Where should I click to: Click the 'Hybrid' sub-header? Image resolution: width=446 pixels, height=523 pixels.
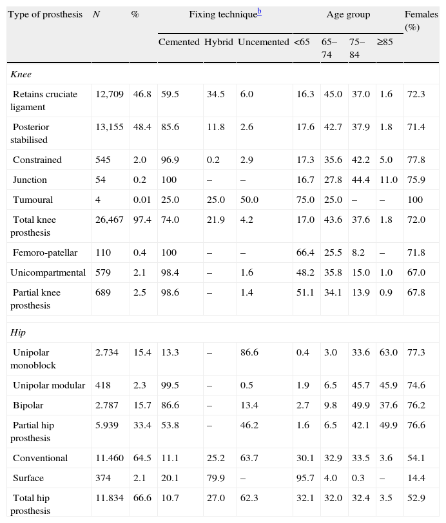click(x=218, y=42)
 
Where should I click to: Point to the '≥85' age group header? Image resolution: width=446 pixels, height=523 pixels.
click(x=385, y=42)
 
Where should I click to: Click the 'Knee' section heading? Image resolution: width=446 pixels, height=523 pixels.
click(x=21, y=74)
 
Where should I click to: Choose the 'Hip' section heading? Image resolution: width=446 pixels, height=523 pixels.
click(x=19, y=332)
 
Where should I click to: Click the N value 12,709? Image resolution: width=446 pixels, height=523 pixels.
click(x=109, y=94)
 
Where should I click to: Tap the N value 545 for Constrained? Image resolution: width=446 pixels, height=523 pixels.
click(x=103, y=160)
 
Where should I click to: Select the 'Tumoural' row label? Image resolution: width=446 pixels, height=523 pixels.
click(x=33, y=200)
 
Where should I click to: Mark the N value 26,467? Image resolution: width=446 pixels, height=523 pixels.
click(x=109, y=220)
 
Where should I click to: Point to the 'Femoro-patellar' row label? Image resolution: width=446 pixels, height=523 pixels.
click(x=43, y=252)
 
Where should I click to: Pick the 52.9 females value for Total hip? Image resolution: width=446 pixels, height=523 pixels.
click(x=416, y=498)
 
